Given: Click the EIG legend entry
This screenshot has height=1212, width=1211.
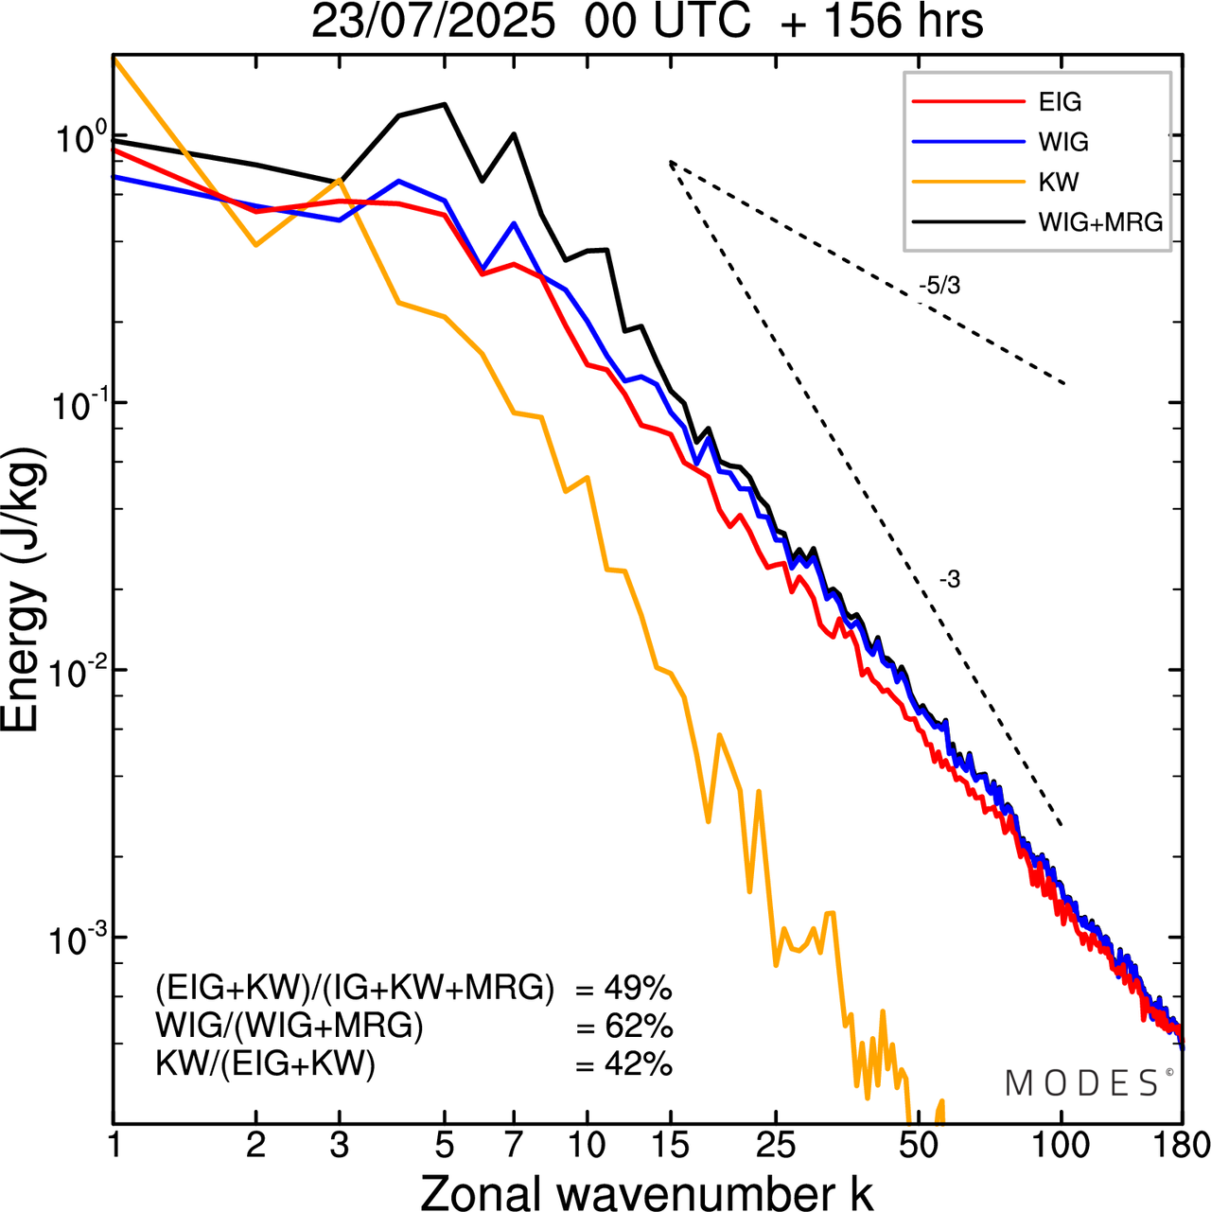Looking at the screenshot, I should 1060,102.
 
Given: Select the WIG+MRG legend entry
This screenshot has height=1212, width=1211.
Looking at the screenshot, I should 1100,222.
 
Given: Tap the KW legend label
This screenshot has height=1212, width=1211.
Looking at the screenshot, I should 1059,182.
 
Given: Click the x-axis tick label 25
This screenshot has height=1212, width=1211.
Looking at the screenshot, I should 776,1146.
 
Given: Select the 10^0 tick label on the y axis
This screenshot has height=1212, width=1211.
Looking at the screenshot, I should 74,140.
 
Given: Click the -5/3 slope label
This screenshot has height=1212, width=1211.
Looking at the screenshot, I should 939,286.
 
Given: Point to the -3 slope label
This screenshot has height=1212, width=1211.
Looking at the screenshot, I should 950,580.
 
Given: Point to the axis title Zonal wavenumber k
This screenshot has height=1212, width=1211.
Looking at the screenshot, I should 646,1191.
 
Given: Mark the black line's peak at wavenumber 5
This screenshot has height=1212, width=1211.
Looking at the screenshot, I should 445,104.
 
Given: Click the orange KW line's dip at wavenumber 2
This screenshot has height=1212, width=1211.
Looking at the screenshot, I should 255,245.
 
